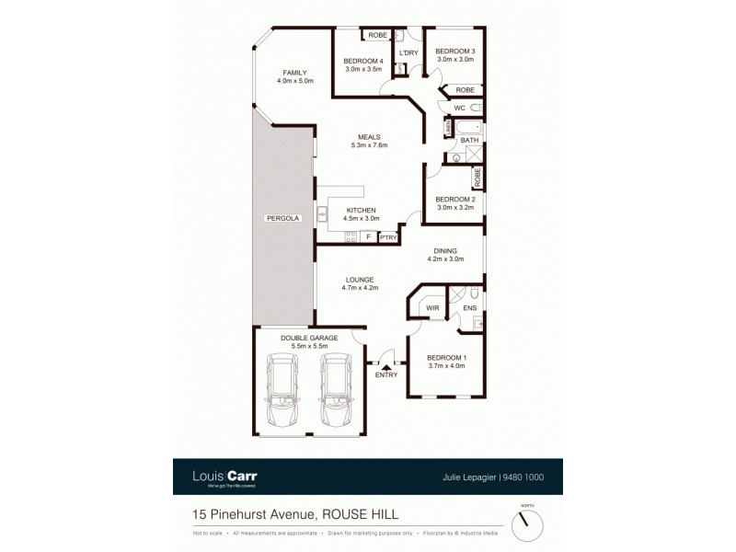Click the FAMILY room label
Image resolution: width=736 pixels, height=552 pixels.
[294, 76]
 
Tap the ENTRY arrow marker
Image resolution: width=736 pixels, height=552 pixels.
[386, 367]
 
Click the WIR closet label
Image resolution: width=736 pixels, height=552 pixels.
[431, 307]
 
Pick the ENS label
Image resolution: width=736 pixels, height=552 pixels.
[469, 307]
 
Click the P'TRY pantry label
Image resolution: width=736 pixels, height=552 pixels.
[387, 237]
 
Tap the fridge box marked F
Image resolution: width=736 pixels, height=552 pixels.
[368, 237]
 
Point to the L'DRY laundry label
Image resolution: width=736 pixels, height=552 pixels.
[409, 52]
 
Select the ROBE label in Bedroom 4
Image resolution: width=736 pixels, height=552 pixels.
[376, 35]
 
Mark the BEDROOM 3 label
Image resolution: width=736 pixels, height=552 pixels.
[454, 54]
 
